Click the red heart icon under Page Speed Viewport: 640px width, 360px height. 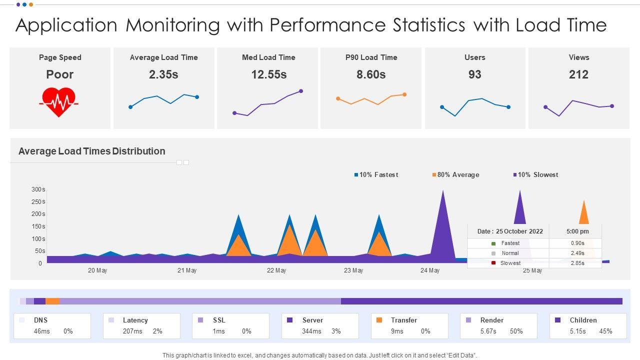pos(59,102)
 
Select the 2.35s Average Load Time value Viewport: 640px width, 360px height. pos(163,74)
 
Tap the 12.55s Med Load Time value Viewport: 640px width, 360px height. pos(268,74)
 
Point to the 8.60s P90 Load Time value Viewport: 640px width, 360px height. pos(371,74)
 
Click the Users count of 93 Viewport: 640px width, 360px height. pos(474,74)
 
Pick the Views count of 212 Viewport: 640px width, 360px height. pos(578,74)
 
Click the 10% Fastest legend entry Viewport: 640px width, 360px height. pos(376,174)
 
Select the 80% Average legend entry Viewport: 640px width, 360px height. pos(455,174)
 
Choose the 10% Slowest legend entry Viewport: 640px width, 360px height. pos(535,174)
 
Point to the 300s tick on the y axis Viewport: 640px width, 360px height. pos(38,189)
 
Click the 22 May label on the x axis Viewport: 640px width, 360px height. pos(276,270)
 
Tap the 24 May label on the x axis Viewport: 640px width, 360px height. pos(430,270)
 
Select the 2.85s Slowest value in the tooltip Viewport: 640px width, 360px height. pos(577,263)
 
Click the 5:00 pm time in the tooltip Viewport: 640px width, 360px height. pos(577,231)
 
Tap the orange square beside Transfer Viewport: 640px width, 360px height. pos(379,320)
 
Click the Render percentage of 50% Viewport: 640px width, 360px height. pos(516,331)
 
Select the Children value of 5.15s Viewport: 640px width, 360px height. pos(577,331)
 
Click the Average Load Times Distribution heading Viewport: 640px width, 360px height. pos(91,151)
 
